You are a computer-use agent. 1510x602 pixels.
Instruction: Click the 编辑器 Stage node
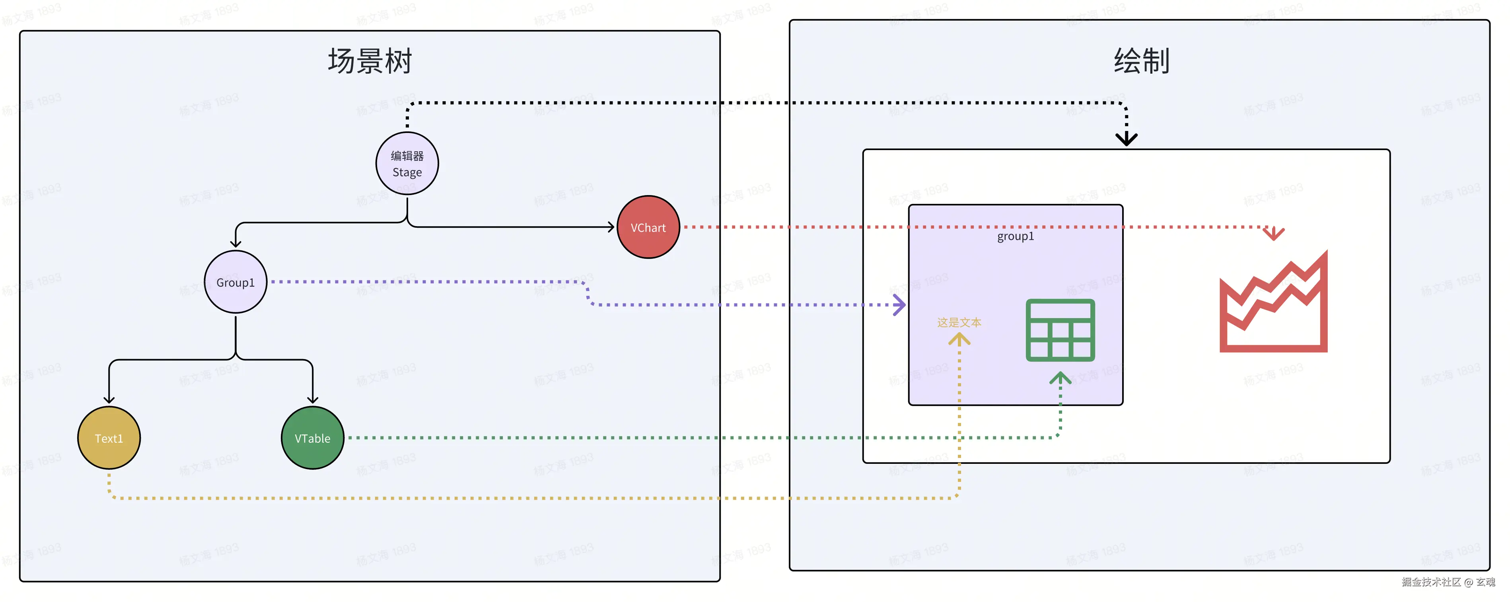coord(407,164)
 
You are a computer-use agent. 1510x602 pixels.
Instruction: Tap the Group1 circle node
coord(235,282)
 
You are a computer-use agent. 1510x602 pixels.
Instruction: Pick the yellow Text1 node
coord(109,438)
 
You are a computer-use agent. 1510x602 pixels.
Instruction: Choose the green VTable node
coord(312,438)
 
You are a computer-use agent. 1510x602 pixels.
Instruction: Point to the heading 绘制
coord(1141,61)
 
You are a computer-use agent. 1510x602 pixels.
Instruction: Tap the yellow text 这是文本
coord(959,322)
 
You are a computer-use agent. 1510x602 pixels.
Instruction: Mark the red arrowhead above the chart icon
coord(1273,234)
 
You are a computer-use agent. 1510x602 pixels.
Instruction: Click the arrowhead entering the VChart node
coord(610,227)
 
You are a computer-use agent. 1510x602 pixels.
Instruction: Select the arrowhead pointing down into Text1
coord(109,399)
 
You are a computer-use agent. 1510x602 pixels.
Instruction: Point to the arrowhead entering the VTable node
coord(312,399)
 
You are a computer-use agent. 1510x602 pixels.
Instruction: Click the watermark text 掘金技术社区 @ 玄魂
coord(1448,582)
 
